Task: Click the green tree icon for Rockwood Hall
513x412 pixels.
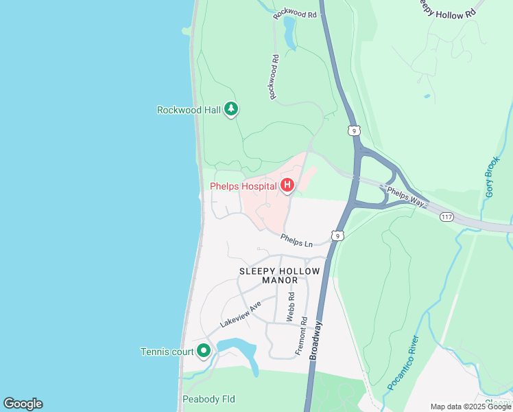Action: tap(232, 109)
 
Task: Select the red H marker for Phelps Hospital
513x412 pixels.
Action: tap(287, 185)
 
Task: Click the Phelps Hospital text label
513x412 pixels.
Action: tap(242, 186)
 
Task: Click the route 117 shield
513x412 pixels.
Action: tap(447, 217)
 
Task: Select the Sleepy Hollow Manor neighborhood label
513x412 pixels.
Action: tap(279, 275)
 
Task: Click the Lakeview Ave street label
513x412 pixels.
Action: tap(241, 313)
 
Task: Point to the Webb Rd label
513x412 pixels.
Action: tap(291, 307)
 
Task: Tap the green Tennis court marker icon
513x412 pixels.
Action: tap(203, 352)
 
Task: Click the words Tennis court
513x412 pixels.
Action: tap(167, 352)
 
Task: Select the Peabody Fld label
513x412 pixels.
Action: tap(208, 399)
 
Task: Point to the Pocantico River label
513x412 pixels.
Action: tap(403, 363)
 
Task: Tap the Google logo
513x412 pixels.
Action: tap(23, 404)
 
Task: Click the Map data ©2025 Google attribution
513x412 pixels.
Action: tap(470, 407)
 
